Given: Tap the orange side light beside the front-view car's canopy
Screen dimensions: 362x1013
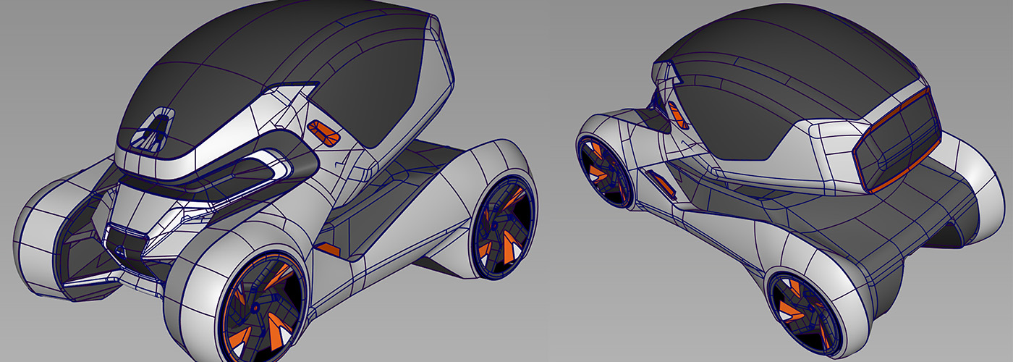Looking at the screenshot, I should [x=323, y=132].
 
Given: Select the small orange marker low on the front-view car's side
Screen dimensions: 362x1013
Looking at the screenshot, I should [x=329, y=248].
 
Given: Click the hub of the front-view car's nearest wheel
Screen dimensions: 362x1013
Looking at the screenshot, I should [x=257, y=308].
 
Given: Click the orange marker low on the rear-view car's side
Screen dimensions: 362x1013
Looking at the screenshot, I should [x=663, y=184].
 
